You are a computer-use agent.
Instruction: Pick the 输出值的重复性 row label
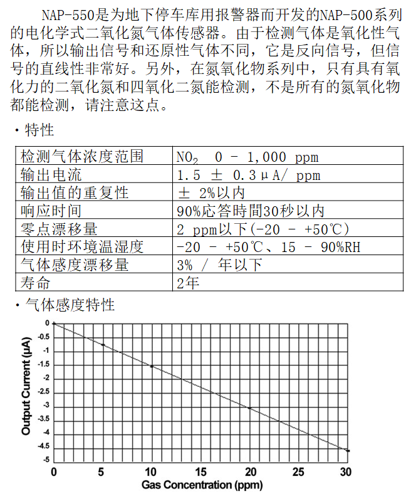[75, 192]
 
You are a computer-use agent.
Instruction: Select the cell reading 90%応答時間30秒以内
[251, 211]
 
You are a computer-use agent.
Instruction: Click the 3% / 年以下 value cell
[219, 265]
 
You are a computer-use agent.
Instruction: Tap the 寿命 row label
[35, 283]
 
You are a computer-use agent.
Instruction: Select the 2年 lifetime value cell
[188, 283]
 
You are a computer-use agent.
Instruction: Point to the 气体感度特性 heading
[69, 305]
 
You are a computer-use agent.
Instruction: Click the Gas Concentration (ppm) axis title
[201, 485]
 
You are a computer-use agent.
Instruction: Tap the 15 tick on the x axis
[201, 471]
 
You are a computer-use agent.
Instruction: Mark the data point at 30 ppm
[348, 450]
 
